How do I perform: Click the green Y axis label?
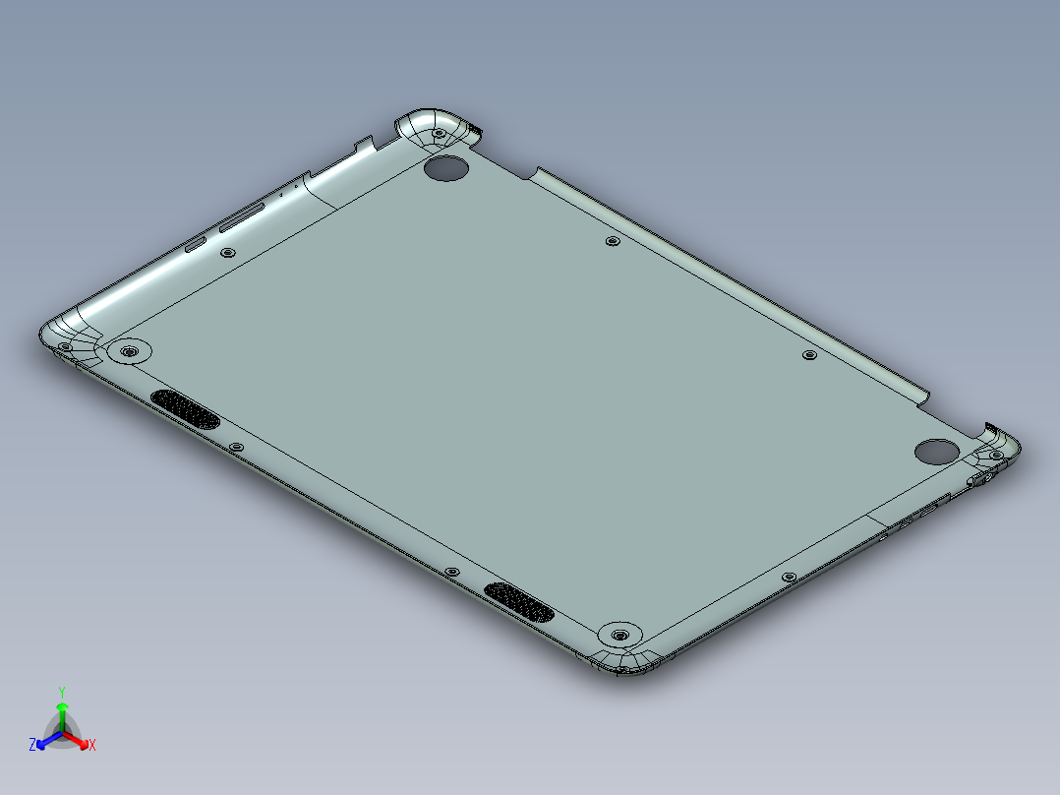tap(62, 691)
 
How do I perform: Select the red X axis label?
tap(92, 746)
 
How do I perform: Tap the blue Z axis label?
tap(32, 746)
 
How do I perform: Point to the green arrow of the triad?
tap(62, 710)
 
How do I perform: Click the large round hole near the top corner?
tap(446, 168)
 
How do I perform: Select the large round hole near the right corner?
tap(935, 451)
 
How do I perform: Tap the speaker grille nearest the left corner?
tap(185, 408)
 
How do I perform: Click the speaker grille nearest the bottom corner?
tap(519, 602)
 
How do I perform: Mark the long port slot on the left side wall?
tap(242, 219)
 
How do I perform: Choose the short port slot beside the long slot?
tap(196, 244)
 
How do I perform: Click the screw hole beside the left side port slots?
tap(228, 253)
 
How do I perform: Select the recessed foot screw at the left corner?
tap(128, 351)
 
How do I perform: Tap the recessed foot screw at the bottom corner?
tap(618, 635)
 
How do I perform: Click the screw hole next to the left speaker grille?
tap(236, 447)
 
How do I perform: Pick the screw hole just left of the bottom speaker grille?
tap(451, 572)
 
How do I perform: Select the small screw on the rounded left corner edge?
tap(65, 346)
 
